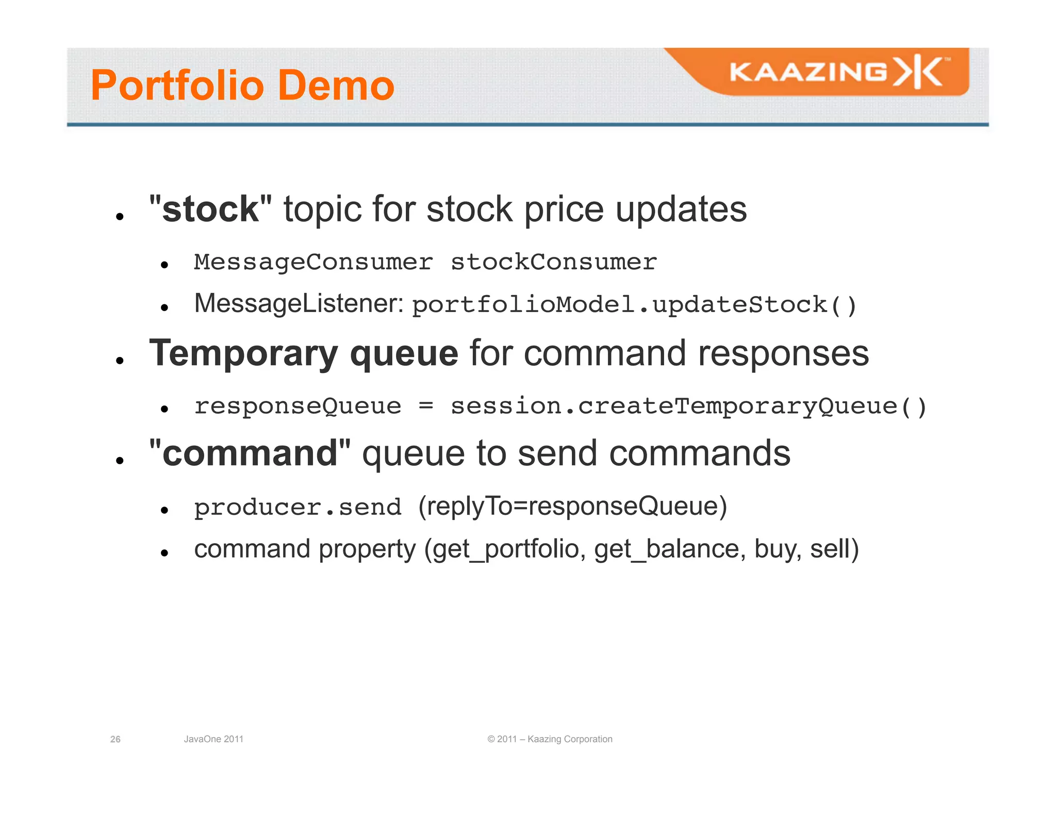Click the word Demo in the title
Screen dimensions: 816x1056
pyautogui.click(x=336, y=86)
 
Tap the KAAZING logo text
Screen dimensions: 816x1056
pyautogui.click(x=807, y=72)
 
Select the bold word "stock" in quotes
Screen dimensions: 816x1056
pyautogui.click(x=210, y=209)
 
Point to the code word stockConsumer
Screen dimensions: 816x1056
pyautogui.click(x=554, y=262)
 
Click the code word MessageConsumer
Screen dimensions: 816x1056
pyautogui.click(x=313, y=262)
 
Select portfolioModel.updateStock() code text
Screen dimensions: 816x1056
pyautogui.click(x=634, y=304)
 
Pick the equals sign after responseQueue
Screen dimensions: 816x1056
pyautogui.click(x=426, y=405)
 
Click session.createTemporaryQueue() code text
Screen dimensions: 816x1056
pyautogui.click(x=688, y=406)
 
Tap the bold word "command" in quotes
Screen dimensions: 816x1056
pyautogui.click(x=250, y=453)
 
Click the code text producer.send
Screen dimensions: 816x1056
pyautogui.click(x=298, y=507)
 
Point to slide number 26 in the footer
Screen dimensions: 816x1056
pyautogui.click(x=115, y=739)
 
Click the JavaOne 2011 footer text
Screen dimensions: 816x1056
pyautogui.click(x=213, y=739)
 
